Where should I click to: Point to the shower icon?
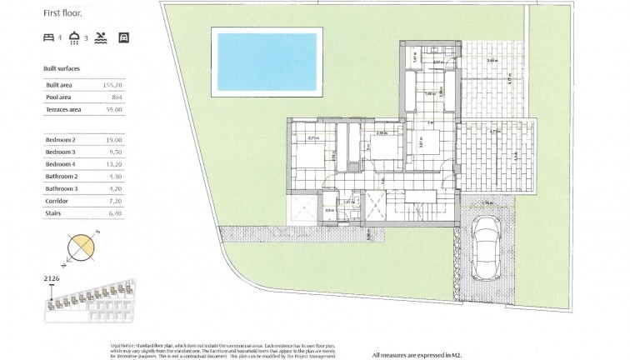point(74,37)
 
